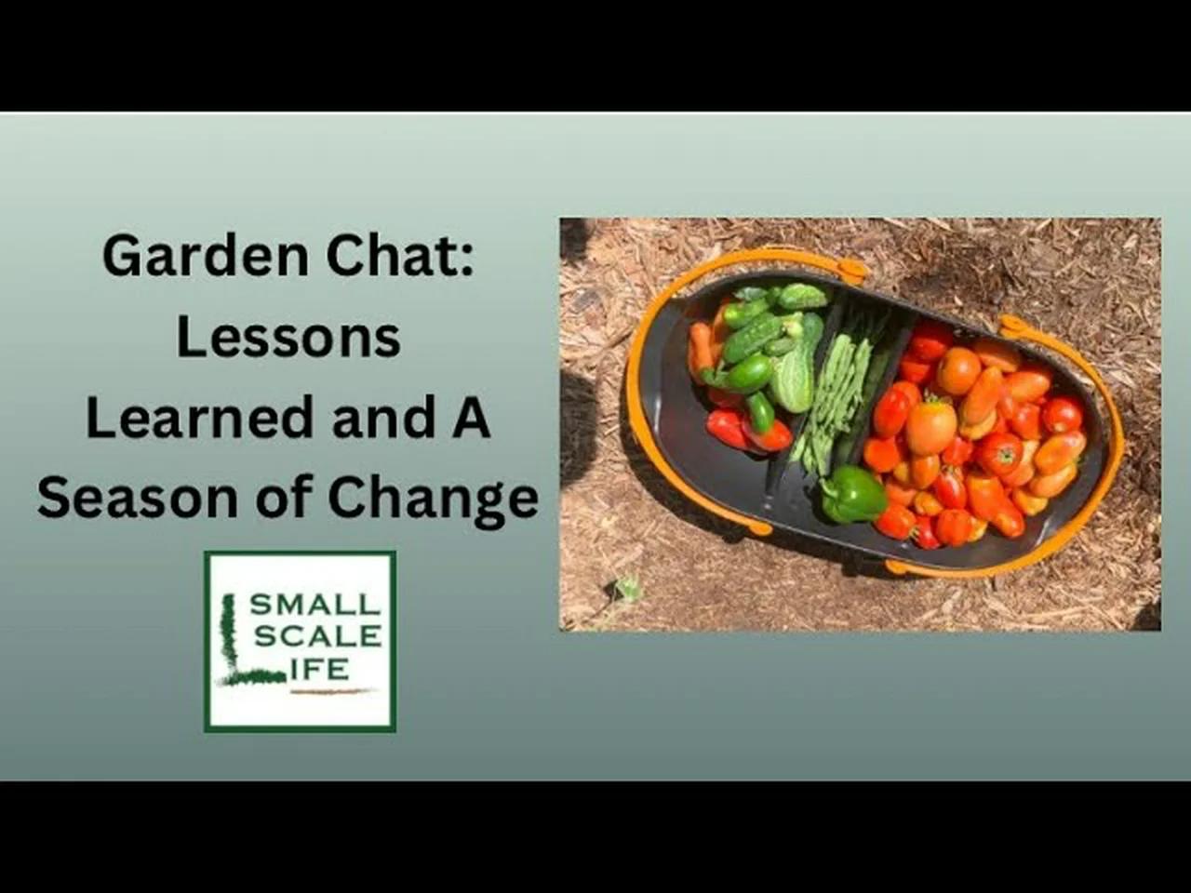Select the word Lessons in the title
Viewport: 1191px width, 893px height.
pos(288,337)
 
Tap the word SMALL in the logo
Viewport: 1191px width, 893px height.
pos(315,605)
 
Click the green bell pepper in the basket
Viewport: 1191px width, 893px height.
pos(851,496)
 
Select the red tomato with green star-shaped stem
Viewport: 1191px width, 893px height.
pos(999,453)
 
